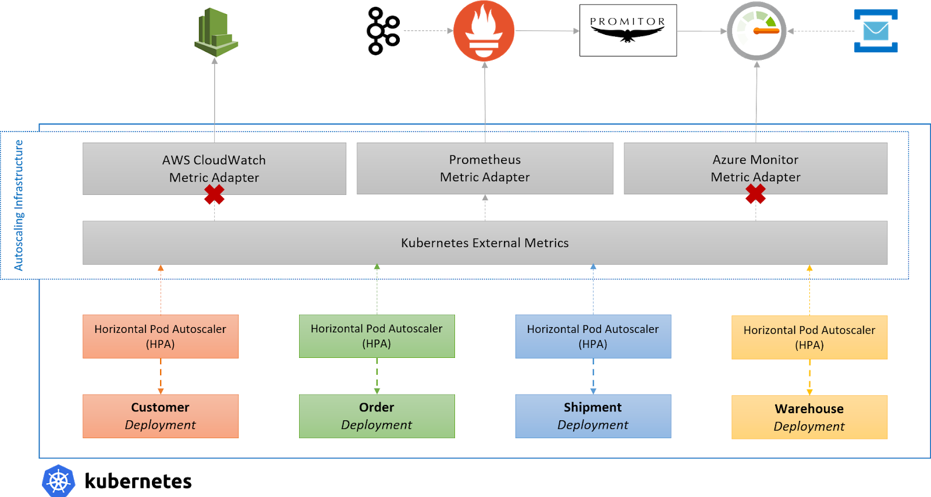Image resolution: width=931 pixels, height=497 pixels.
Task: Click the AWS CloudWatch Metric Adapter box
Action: (x=214, y=168)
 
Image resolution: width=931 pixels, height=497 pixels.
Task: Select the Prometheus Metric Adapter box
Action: (x=485, y=168)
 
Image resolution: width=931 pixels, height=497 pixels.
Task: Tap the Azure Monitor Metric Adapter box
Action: (x=755, y=168)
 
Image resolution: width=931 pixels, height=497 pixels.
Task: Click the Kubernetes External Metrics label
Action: (x=485, y=243)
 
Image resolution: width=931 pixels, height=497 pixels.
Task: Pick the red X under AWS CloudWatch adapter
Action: (x=214, y=194)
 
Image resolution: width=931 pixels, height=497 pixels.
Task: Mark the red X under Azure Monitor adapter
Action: (x=755, y=194)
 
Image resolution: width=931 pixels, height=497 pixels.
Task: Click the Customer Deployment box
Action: (x=161, y=416)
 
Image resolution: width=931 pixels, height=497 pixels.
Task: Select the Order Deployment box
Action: (x=376, y=416)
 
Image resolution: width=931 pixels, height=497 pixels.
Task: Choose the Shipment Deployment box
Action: (x=593, y=416)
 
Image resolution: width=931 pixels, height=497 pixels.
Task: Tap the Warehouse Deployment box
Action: (x=809, y=417)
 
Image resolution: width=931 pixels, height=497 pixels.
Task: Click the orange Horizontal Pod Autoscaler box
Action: (x=161, y=336)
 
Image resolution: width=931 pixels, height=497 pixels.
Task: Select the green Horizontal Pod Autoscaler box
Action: (x=376, y=336)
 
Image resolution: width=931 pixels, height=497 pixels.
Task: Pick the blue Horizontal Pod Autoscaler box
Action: (x=593, y=336)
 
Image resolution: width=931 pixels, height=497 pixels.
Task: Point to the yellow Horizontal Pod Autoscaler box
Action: (x=809, y=338)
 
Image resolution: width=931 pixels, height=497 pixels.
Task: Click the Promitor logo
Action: (x=628, y=30)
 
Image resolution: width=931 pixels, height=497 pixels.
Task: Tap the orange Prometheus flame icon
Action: (x=484, y=31)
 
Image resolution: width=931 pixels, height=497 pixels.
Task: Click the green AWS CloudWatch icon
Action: (x=214, y=30)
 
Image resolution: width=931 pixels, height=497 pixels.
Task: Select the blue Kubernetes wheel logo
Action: (x=59, y=481)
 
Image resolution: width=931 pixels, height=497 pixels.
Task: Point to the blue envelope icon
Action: (x=876, y=31)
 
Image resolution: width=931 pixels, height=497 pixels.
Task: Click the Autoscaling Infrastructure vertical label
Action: (x=19, y=205)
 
